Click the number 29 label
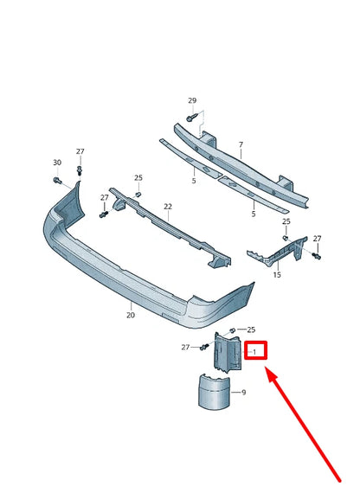192,101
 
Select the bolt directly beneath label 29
191,118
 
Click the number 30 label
57,163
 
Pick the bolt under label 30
57,181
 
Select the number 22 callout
168,207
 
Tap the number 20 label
131,316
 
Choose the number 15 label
277,275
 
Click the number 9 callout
243,392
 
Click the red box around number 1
256,351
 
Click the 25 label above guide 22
138,178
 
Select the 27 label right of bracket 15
317,239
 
